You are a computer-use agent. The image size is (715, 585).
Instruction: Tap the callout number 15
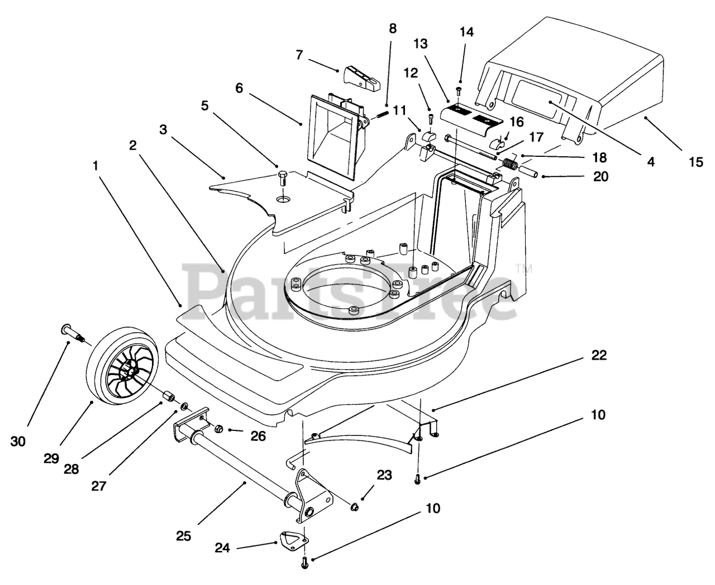pos(696,162)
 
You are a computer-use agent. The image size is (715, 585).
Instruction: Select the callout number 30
pos(18,442)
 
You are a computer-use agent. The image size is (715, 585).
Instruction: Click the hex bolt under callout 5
pos(283,178)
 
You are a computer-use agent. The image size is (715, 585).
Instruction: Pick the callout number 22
pos(599,356)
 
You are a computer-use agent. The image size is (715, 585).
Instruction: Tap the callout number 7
pos(299,55)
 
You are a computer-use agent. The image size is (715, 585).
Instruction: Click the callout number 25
pos(183,536)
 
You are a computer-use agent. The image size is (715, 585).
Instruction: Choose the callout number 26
pos(258,436)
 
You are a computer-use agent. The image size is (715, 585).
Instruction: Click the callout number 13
pos(421,44)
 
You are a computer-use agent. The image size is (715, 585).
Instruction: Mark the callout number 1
pos(96,166)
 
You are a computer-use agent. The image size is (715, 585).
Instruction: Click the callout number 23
pos(384,475)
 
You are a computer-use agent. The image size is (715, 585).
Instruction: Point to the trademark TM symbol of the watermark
pos(523,268)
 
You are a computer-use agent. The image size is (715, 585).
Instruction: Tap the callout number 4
pos(650,162)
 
